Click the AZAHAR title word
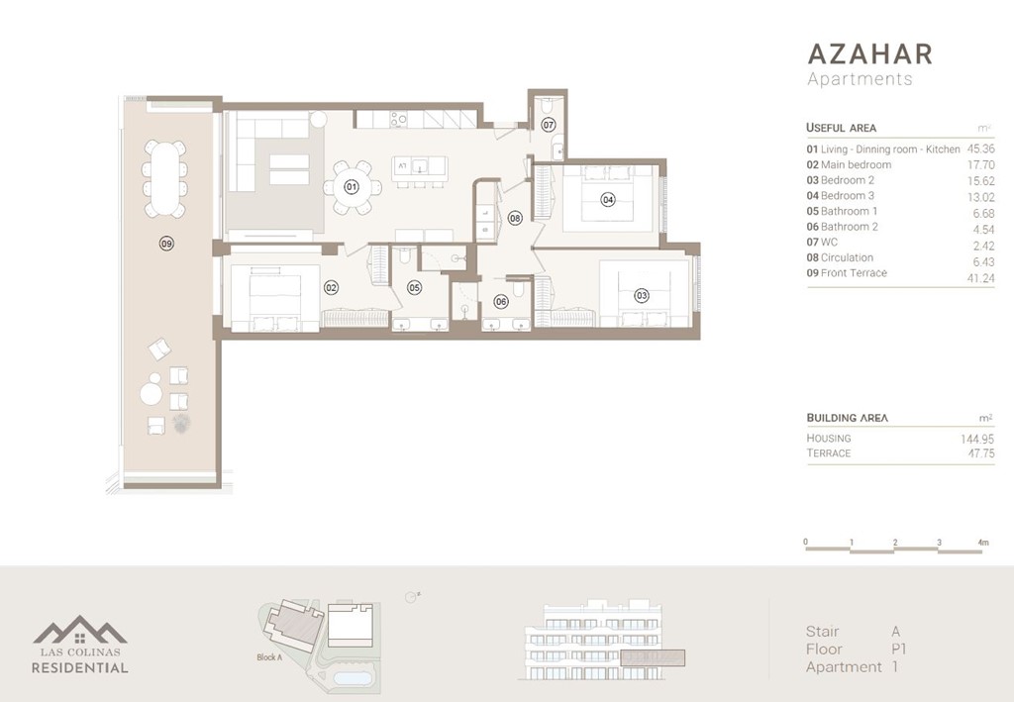tap(869, 52)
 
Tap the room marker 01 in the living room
tap(351, 186)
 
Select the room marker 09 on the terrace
tap(166, 243)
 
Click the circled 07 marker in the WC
tap(549, 125)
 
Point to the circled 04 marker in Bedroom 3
tap(608, 199)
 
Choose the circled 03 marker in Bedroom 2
tap(642, 295)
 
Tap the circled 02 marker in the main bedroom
tap(331, 288)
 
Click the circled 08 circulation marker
tap(515, 217)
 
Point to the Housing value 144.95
tap(976, 438)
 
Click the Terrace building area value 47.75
tap(978, 453)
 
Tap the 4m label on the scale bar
tap(982, 543)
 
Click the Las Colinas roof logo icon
tap(80, 630)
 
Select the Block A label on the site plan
tap(269, 657)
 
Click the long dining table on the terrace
tap(163, 179)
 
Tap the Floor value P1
tap(899, 650)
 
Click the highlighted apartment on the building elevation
tap(652, 656)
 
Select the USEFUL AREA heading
tap(841, 128)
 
